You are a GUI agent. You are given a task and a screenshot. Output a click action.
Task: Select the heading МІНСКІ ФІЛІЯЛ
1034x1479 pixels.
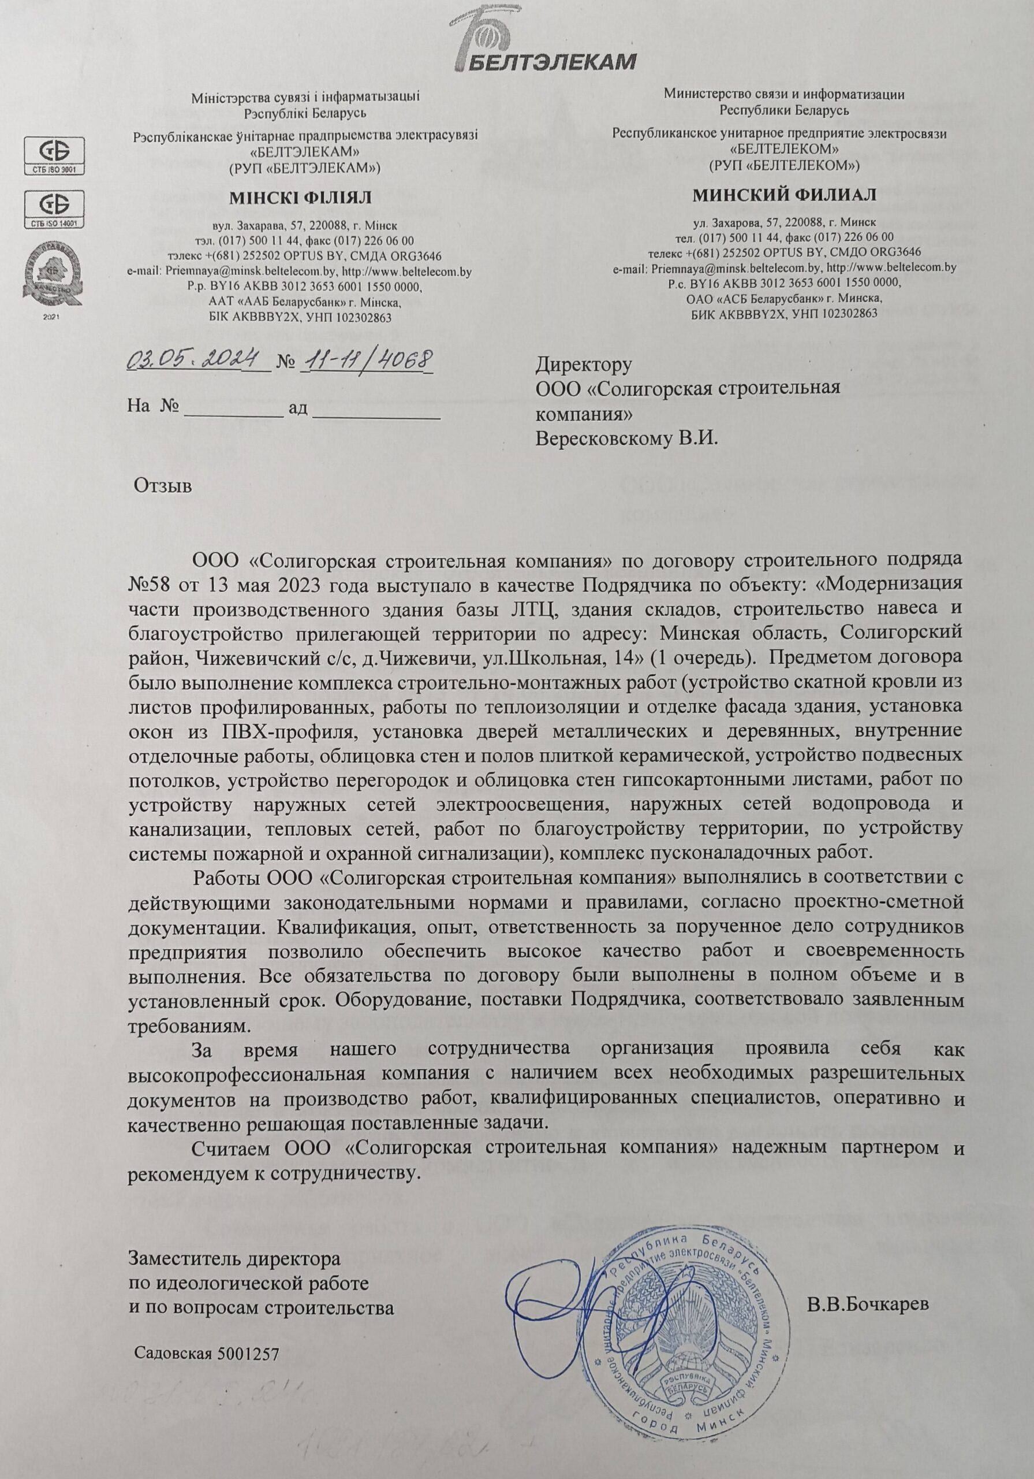point(300,197)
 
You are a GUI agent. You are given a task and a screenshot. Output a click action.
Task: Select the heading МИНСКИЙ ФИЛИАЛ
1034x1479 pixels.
point(784,194)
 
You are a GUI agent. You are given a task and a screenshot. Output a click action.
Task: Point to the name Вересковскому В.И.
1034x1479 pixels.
point(626,439)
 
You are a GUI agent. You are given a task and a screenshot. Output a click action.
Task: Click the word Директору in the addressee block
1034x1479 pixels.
point(584,365)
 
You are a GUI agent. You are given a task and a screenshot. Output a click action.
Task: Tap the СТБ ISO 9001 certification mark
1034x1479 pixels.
point(55,155)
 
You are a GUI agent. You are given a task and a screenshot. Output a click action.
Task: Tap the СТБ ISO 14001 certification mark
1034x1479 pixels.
point(55,209)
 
